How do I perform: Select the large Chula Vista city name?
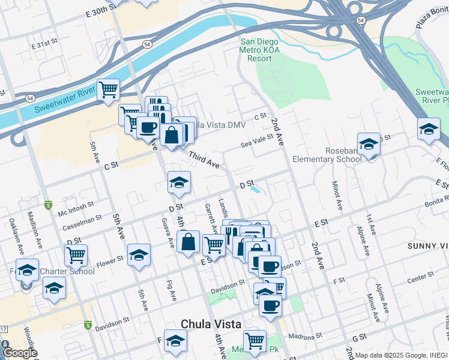[x=211, y=323]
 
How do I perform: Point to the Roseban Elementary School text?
[x=327, y=154]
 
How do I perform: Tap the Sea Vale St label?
[x=257, y=140]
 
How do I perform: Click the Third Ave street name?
[x=203, y=160]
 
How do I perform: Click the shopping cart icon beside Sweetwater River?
[x=108, y=90]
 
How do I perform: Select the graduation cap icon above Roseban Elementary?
[x=369, y=144]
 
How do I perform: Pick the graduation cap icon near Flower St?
[x=139, y=254]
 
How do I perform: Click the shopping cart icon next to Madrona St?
[x=255, y=341]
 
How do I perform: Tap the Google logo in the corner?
[x=20, y=353]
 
